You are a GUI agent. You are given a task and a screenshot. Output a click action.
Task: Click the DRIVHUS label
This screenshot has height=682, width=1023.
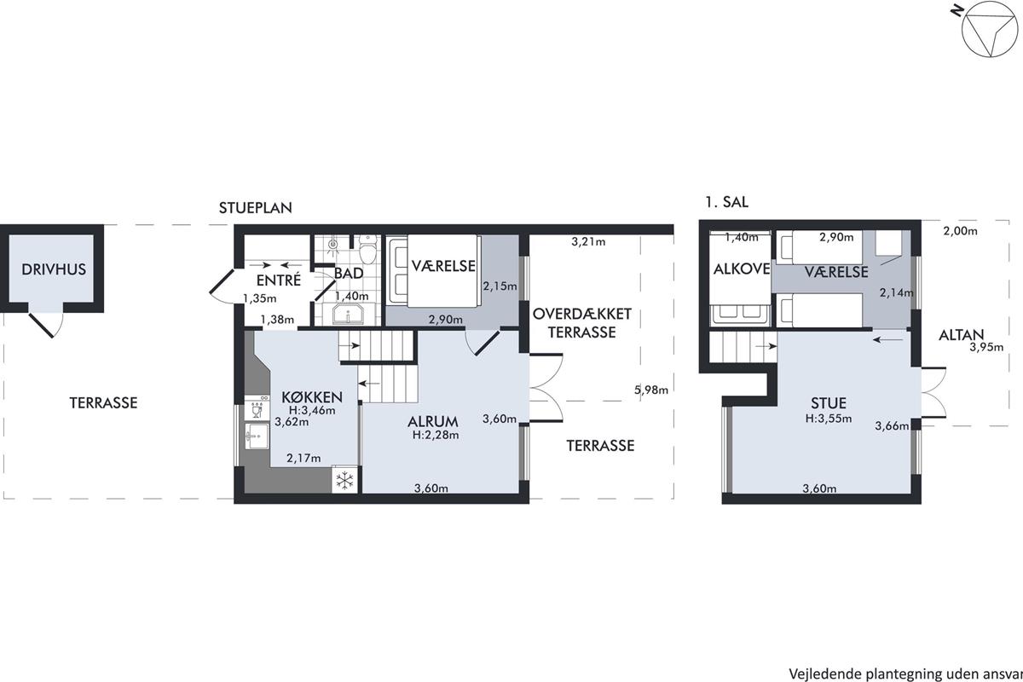[54, 269]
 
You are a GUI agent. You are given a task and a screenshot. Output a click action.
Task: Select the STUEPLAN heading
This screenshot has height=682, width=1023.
[255, 208]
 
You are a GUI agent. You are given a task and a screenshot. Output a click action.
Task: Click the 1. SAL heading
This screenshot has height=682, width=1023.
[727, 202]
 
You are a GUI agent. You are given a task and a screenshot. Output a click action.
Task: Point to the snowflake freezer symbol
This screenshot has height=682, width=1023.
[344, 480]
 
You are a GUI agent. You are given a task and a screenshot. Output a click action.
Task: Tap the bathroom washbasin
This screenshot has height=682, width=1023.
[348, 315]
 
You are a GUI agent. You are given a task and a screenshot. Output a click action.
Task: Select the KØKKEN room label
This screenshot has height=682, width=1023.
[312, 397]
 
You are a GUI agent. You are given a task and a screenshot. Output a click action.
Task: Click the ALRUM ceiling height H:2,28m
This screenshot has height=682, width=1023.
[436, 435]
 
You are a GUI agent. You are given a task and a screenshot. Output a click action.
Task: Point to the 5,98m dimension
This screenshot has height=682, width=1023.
[651, 390]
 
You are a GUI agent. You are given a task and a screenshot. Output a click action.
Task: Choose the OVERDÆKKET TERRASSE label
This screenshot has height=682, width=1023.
[581, 323]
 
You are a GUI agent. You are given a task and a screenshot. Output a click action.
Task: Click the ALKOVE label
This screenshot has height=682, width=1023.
[742, 269]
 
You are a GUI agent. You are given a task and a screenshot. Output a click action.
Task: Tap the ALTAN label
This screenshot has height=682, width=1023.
[962, 335]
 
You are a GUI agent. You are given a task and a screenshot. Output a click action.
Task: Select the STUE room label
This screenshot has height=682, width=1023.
[829, 403]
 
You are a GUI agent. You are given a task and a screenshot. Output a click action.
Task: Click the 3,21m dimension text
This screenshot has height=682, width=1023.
[588, 241]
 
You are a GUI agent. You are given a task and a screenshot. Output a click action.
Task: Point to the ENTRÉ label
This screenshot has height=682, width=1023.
[279, 280]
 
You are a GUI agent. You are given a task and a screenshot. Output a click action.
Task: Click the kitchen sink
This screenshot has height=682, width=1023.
[257, 436]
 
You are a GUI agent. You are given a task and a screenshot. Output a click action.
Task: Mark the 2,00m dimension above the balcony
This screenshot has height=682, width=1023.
[961, 231]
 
